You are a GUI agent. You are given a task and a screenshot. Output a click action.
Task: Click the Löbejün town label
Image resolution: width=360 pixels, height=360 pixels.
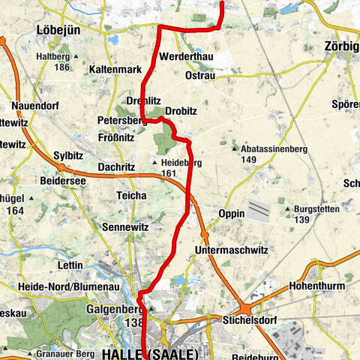(58, 30)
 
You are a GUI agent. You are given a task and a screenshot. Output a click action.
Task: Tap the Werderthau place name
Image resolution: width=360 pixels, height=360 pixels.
(186, 58)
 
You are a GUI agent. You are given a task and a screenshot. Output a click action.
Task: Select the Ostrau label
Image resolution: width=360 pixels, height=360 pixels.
(200, 76)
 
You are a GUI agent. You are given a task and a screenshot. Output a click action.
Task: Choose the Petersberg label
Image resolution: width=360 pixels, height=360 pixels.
(121, 120)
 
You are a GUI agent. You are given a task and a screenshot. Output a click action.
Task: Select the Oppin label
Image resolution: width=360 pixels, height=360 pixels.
(232, 214)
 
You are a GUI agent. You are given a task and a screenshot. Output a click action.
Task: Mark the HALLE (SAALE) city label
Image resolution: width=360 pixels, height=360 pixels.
(150, 353)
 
